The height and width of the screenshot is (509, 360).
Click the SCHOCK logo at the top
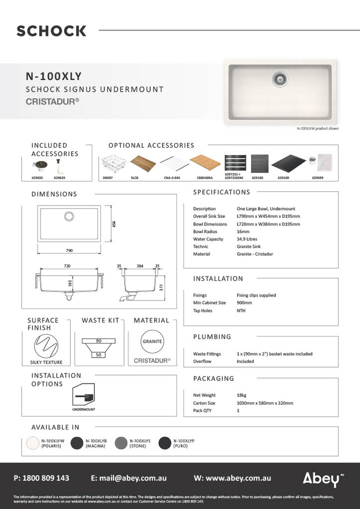pos(51,31)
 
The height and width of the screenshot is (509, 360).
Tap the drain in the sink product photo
pos(280,77)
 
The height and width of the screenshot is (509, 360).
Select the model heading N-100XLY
pos(53,76)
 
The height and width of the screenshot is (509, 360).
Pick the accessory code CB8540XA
pos(205,176)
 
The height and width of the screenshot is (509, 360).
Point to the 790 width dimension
pos(69,250)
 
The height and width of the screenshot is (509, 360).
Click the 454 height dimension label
pos(114,224)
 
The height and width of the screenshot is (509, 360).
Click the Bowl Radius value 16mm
pos(242,231)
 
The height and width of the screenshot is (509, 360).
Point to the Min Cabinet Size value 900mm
pos(244,302)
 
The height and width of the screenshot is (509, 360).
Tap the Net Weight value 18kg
pos(242,395)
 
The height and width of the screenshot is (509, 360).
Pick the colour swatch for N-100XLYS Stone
pos(120,443)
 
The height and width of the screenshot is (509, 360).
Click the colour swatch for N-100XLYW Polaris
pos(33,443)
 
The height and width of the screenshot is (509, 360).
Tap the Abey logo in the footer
pos(320,479)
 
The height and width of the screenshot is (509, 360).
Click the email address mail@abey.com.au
pos(131,478)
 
